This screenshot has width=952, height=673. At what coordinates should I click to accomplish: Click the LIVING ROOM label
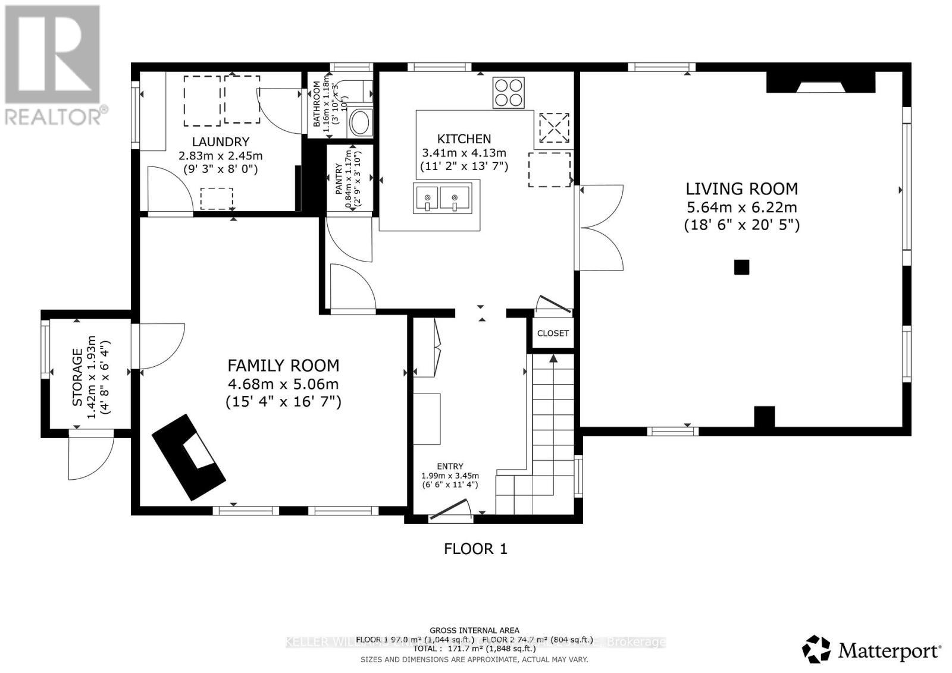741,189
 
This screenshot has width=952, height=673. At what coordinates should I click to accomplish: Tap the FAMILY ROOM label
283,366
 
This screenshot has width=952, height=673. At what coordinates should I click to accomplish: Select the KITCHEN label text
464,139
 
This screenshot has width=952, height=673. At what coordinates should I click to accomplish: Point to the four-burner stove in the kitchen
508,93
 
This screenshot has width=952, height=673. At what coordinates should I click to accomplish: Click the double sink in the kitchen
442,197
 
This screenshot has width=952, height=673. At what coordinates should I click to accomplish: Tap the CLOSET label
553,334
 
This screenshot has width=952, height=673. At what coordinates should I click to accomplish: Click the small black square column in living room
741,268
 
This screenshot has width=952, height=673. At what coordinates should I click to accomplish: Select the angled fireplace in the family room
189,457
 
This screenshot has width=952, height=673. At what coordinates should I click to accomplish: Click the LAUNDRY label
220,142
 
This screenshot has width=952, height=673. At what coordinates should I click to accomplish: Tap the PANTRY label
339,179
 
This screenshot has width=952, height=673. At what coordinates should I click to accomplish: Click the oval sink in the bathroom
359,122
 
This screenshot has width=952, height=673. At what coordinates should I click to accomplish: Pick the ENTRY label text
450,467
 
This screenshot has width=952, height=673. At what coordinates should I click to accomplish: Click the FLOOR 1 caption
475,549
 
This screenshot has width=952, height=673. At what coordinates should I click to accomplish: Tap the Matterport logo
872,649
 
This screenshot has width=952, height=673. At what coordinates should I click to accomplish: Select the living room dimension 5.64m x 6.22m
741,207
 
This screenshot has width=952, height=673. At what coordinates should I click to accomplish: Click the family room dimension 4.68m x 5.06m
283,384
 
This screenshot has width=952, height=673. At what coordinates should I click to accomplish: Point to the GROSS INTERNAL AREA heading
474,630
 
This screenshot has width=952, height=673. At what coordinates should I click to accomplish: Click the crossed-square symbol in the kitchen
554,127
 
